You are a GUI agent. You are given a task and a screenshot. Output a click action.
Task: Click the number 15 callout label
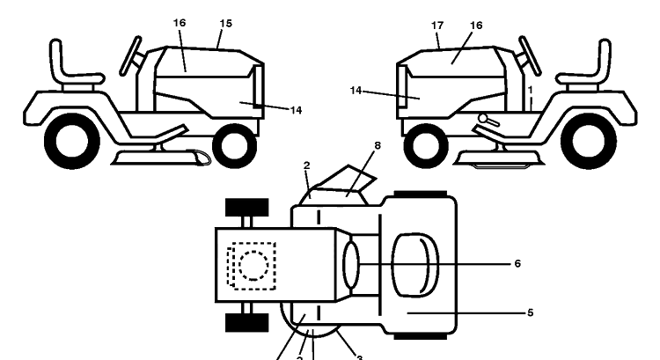click(225, 24)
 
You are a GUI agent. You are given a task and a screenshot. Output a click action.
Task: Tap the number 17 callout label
click(437, 26)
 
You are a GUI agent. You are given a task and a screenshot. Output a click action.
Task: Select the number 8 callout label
click(378, 145)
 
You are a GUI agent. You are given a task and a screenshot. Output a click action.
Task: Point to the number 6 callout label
click(517, 263)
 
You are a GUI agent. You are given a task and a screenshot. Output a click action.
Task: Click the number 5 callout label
click(530, 312)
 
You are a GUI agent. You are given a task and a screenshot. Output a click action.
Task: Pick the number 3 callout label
click(359, 357)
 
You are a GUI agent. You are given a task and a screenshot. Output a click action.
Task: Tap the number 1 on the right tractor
click(531, 90)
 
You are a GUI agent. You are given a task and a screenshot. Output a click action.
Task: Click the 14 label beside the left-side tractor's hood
click(296, 110)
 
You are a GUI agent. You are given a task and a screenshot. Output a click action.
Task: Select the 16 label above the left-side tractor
click(180, 23)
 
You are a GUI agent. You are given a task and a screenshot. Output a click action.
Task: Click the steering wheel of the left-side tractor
click(130, 56)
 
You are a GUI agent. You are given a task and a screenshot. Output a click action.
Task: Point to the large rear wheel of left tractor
click(72, 141)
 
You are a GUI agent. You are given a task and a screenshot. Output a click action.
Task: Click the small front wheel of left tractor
click(235, 146)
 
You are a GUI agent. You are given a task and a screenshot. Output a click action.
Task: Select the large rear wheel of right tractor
click(589, 141)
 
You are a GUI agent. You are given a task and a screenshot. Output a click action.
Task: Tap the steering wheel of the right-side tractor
click(530, 56)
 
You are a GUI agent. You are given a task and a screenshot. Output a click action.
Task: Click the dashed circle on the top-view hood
click(253, 266)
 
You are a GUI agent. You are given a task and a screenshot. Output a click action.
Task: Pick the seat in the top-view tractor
click(415, 265)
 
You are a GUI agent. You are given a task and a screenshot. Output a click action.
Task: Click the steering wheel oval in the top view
click(351, 265)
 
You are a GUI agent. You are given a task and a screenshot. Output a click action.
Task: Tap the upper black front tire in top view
click(247, 207)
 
